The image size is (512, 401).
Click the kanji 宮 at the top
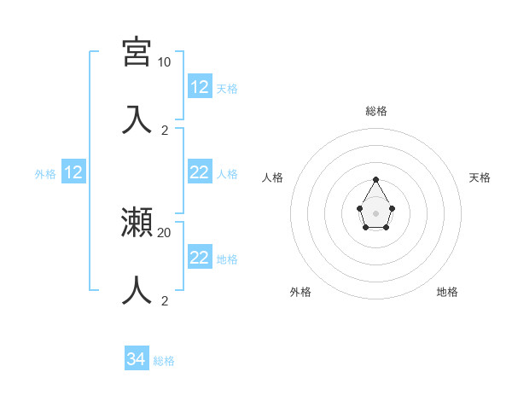point(137,52)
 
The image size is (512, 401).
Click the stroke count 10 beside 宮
point(164,62)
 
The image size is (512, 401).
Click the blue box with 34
point(137,359)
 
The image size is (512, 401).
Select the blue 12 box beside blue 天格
point(199,87)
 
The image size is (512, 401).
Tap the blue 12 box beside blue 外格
point(73,173)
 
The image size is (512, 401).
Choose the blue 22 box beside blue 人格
point(199,172)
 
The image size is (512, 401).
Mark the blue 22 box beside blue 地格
point(199,258)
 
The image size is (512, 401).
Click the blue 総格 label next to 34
point(164,361)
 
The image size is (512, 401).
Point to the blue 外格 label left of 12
point(45,174)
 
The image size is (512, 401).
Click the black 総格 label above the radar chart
point(375,111)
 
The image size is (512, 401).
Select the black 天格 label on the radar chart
point(480,177)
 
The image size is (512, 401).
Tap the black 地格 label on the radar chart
point(447,292)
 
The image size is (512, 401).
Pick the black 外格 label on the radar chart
point(300,292)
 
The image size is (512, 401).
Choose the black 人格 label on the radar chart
point(272,177)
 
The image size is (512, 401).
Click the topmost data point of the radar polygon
point(375,179)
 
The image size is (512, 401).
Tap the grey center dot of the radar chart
point(375,212)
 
